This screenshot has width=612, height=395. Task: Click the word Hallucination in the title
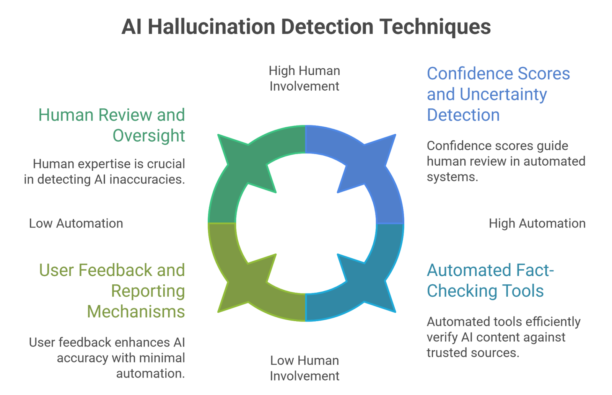[x=211, y=27]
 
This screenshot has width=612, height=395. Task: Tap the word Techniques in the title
[x=435, y=27]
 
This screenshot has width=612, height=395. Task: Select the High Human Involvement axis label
[x=304, y=78]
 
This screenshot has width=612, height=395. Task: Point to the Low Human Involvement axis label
[x=304, y=368]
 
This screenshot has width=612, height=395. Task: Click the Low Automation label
[x=76, y=224]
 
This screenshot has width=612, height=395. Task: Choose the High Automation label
[x=537, y=224]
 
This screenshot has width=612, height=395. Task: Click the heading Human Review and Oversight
[x=112, y=125]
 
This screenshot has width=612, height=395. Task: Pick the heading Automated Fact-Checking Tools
[x=490, y=281]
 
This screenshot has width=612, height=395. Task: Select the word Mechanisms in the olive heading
[x=136, y=312]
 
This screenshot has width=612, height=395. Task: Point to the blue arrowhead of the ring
[x=377, y=153]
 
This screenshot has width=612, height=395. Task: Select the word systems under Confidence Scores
[x=452, y=177]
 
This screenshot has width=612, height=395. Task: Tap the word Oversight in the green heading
[x=149, y=136]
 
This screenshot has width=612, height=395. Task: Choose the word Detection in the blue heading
[x=463, y=115]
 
